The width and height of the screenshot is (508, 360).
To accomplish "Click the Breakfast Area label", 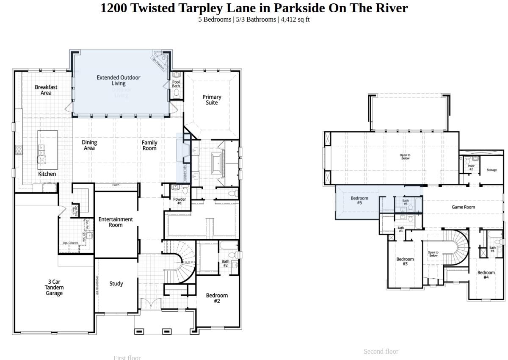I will pos(46,90).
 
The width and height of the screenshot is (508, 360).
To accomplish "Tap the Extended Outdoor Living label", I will pos(119,80).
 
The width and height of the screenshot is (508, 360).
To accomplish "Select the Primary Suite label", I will pos(212,100).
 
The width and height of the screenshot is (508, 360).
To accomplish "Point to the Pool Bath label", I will pos(176,84).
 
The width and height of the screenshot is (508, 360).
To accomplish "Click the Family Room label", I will pos(149,146).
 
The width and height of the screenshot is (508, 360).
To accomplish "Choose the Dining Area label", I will pos(89,145).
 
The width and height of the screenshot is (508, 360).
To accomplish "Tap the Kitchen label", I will pos(47,174).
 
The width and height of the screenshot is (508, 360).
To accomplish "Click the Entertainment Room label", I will pos(116,222).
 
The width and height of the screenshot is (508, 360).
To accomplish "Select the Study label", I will pos(116,284).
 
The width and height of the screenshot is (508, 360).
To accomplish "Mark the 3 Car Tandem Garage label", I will pos(54,288).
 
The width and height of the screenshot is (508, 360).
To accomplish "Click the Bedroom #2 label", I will pos(217,298).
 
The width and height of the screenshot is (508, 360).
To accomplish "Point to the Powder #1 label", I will pos(179,201).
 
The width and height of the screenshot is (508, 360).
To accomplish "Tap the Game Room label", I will pos(463,207).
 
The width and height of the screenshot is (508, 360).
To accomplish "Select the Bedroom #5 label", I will pos(359,200).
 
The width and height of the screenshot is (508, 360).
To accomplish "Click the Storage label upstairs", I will pos(491,170).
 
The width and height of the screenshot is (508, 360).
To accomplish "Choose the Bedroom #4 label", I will pos(486,275).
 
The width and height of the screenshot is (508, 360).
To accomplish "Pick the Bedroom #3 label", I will pos(405,261).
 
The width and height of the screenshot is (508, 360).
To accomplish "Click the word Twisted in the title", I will pos(154,8).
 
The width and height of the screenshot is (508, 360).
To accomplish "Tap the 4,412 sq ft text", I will pos(295,19).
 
